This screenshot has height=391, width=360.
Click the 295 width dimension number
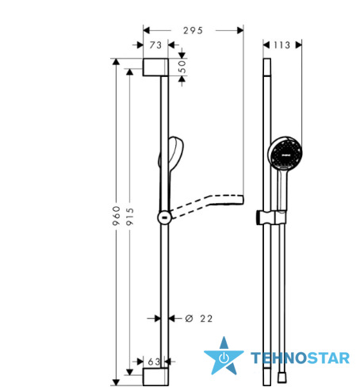click(193, 31)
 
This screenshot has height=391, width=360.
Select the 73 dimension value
click(155, 45)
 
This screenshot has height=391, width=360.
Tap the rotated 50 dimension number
click(182, 67)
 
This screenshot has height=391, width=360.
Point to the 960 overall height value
click(117, 216)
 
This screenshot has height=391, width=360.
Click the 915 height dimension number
click(129, 217)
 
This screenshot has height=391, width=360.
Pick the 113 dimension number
click(281, 45)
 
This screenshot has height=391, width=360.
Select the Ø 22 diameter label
click(199, 319)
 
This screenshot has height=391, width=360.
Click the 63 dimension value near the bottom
click(154, 362)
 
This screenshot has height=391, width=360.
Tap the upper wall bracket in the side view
click(155, 67)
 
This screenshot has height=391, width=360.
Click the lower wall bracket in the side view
click(155, 377)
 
